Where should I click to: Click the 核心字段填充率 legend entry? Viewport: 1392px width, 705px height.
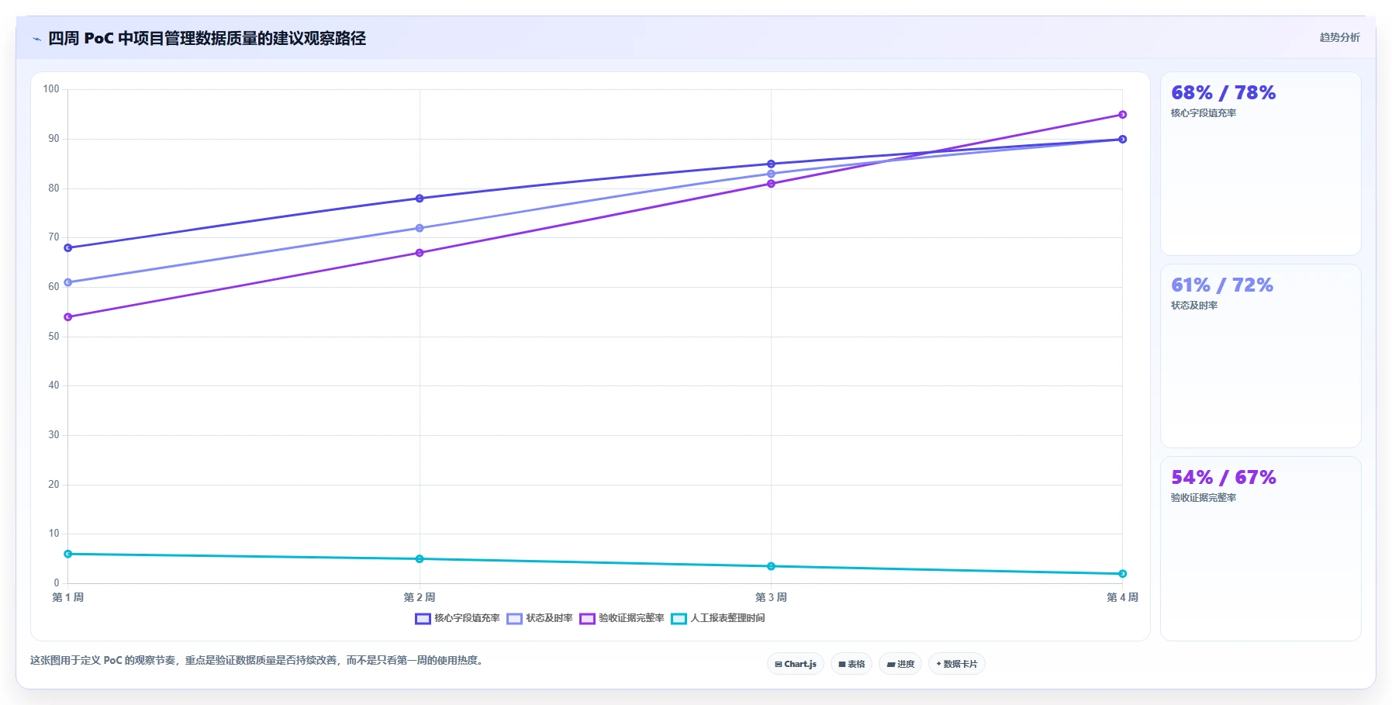pos(458,618)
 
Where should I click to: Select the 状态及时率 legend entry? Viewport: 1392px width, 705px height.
pos(540,618)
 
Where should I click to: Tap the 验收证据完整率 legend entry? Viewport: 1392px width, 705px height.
pos(622,618)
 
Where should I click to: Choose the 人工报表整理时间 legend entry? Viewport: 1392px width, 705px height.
pos(718,618)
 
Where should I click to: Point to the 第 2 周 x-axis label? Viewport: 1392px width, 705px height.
pos(420,597)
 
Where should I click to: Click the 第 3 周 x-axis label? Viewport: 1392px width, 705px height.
pos(771,597)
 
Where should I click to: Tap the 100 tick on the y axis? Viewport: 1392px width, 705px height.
pos(51,89)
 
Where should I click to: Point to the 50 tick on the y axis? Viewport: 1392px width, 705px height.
pos(54,337)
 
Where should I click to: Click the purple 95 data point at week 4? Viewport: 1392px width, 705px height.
pos(1122,115)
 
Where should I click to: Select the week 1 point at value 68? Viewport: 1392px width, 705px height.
pos(68,248)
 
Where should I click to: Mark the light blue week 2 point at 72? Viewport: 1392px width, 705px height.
pos(420,228)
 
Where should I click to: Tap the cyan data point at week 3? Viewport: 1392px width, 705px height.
pos(771,566)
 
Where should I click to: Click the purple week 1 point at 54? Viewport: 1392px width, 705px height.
pos(68,317)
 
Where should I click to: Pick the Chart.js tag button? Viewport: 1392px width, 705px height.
pos(796,664)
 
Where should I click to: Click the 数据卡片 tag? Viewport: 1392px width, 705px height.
pos(957,664)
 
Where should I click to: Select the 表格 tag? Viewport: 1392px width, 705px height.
pos(851,664)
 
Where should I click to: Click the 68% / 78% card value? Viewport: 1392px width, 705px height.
pos(1223,93)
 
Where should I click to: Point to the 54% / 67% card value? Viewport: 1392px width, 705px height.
pos(1223,478)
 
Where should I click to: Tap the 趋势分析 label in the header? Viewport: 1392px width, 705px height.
pos(1339,37)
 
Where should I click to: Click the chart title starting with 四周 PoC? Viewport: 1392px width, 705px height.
pos(207,38)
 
